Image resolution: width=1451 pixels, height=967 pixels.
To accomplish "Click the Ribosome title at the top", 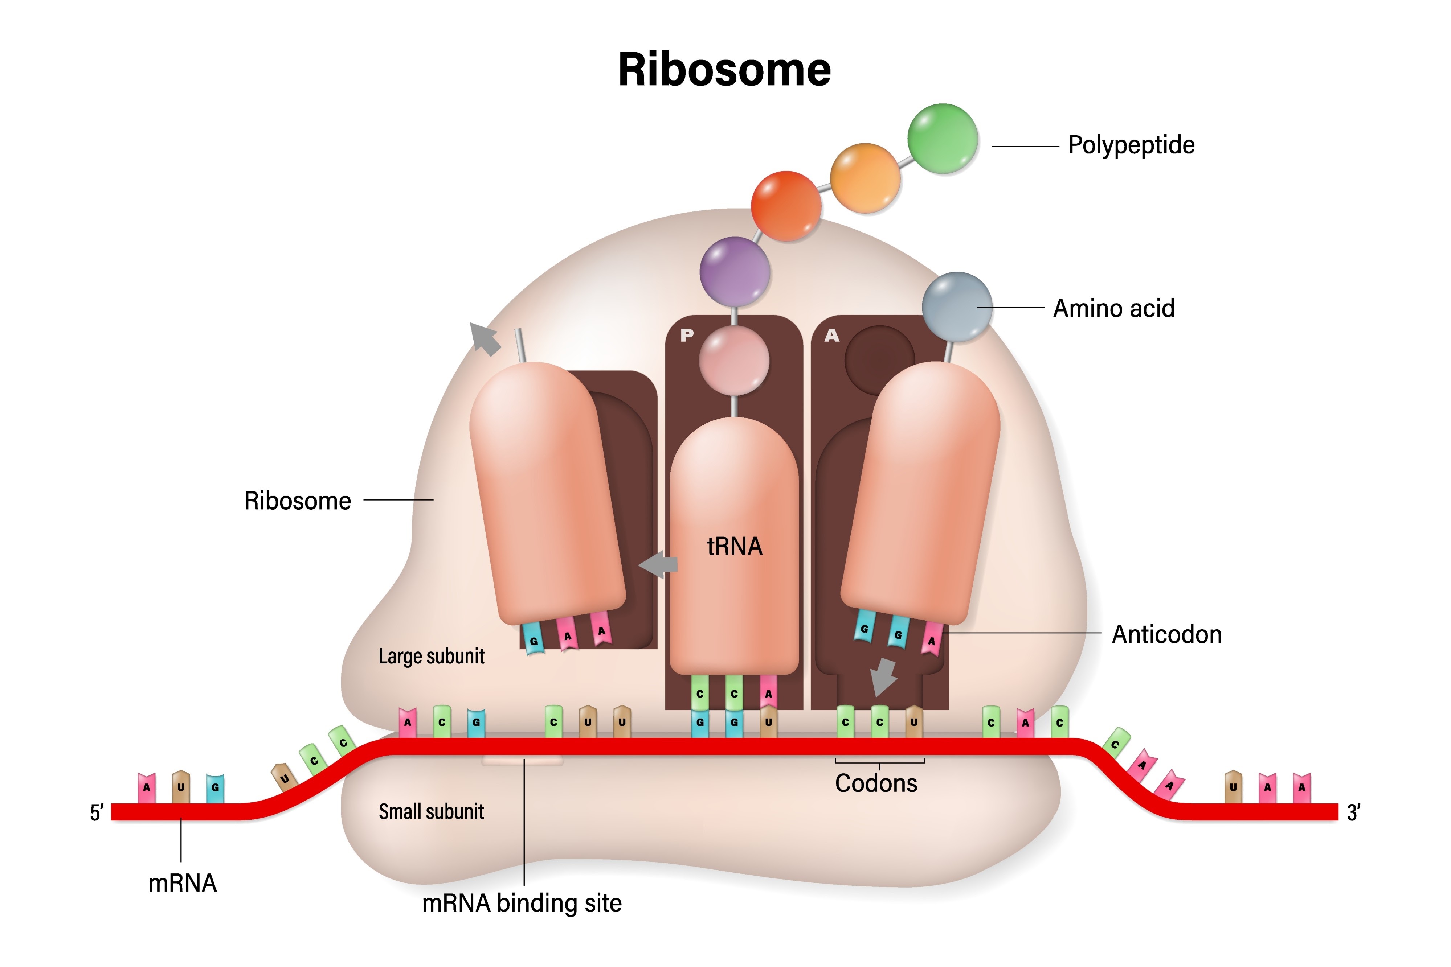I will [724, 70].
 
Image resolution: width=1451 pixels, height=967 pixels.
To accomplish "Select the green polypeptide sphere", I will [942, 139].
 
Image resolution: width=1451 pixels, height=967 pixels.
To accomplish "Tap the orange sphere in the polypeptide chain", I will [865, 178].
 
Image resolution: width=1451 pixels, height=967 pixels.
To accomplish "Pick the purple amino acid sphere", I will [734, 271].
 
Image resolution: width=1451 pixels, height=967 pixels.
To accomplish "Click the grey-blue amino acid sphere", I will [957, 306].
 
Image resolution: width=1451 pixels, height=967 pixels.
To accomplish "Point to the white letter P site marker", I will [687, 336].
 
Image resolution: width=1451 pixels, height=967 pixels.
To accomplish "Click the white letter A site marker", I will [831, 336].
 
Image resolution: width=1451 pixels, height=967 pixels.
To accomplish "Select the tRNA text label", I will [734, 546].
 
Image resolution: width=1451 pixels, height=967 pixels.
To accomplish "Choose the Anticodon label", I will [1166, 635].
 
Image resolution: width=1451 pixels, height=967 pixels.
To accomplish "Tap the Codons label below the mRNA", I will [876, 783].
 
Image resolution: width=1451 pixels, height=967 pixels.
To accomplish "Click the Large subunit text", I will [431, 656].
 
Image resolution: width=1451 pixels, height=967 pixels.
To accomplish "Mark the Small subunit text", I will [431, 812].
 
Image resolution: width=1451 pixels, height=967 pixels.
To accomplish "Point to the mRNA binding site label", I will [522, 904].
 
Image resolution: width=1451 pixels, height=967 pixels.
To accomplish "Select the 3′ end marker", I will [1353, 813].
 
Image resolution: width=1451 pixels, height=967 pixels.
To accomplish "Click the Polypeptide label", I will [1131, 145].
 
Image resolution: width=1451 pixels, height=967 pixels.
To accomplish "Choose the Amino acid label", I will [1113, 308].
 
